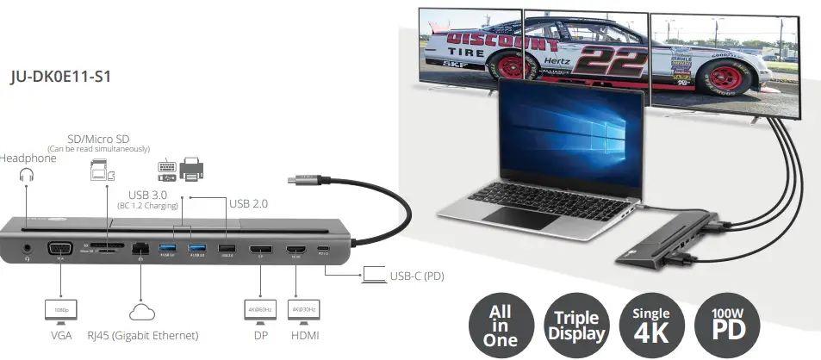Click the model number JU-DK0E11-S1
coord(59,77)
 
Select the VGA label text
coord(60,335)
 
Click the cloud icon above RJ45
coord(140,311)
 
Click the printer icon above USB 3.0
coord(191,169)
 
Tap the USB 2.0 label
coord(250,203)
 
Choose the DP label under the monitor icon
coord(259,335)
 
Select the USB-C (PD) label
coord(416,276)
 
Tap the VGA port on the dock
coord(61,251)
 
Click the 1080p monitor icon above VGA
coord(60,309)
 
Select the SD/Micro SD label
coord(99,139)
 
